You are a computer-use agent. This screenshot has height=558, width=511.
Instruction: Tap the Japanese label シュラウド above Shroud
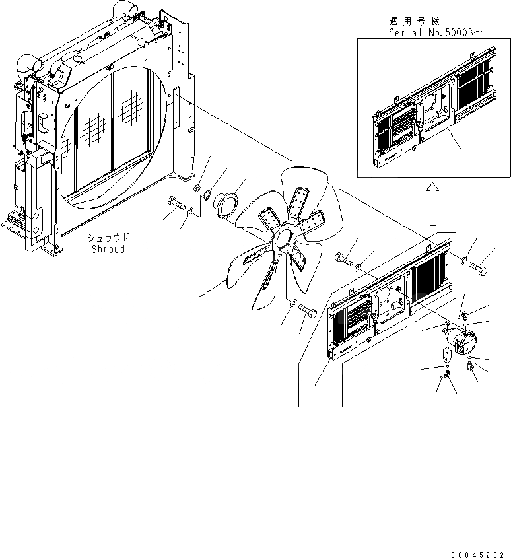(108, 237)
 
